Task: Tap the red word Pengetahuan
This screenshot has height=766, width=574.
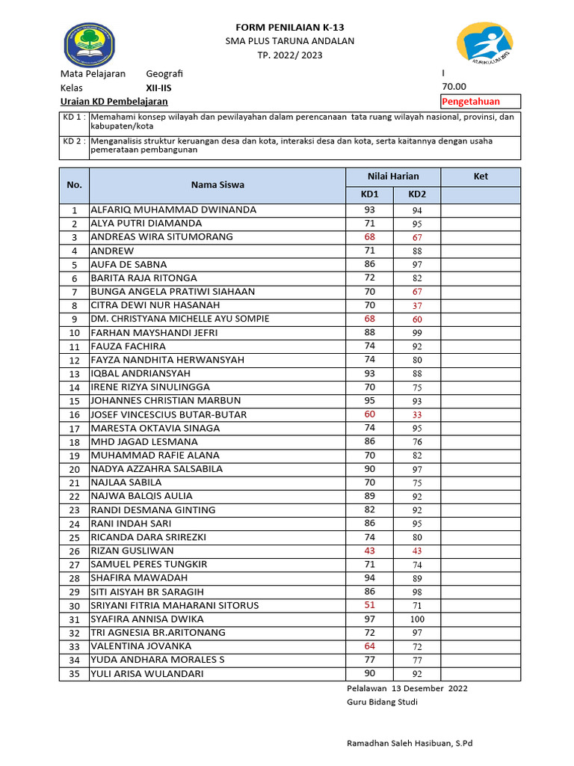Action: [x=471, y=102]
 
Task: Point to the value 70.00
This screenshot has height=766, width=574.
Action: [x=454, y=87]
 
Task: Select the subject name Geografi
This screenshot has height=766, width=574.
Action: [x=164, y=73]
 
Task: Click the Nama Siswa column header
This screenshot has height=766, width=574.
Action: [x=217, y=185]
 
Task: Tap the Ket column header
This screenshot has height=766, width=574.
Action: [x=481, y=177]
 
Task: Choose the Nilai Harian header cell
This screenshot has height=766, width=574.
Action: [x=393, y=177]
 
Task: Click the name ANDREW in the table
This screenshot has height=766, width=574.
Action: [x=112, y=251]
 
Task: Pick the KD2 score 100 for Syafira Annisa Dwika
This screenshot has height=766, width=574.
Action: [x=416, y=619]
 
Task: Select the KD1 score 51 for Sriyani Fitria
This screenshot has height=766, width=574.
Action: [x=369, y=605]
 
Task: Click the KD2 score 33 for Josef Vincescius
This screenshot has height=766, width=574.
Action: [x=416, y=414]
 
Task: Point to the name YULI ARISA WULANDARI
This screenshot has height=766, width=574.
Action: [x=146, y=673]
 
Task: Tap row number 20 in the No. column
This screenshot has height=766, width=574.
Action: [x=74, y=470]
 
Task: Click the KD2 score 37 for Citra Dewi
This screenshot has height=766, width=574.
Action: [x=416, y=305]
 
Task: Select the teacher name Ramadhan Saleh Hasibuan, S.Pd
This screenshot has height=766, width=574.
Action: [x=410, y=743]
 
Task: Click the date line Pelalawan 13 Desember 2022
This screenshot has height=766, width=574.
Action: [x=407, y=688]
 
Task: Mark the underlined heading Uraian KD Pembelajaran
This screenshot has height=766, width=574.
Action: [x=114, y=102]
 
